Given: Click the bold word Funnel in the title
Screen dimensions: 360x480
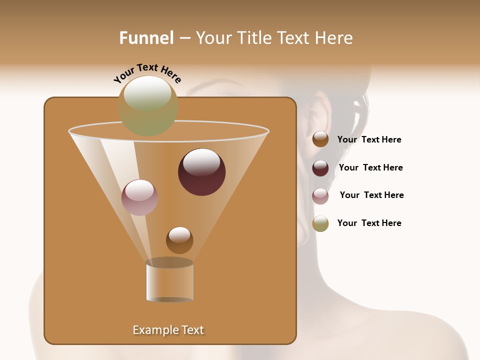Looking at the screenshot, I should pos(146,38).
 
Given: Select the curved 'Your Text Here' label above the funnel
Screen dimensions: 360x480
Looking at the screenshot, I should pos(147,73).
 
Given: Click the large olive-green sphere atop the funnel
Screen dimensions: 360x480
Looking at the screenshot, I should pos(148,105).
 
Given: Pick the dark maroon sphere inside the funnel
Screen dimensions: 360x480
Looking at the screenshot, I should pos(201,172).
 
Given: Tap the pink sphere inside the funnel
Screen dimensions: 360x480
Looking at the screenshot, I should pos(139,197).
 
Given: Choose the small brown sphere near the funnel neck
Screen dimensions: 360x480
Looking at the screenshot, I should pos(179,240).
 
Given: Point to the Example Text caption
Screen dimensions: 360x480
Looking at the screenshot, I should pos(168,330).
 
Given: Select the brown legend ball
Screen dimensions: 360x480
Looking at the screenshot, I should pos(320,139).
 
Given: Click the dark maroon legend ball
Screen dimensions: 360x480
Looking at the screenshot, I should pos(320,168).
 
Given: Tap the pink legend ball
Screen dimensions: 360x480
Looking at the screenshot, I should pos(320,196).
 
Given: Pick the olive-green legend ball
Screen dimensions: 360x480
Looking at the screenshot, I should pos(320,223).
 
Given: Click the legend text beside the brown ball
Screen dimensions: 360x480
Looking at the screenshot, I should pos(369,140).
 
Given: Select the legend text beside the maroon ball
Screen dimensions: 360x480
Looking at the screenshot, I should pos(370,168).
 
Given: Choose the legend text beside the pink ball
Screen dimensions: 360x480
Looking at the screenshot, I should pos(371,195).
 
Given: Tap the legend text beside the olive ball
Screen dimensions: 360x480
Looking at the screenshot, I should pos(369,223).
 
